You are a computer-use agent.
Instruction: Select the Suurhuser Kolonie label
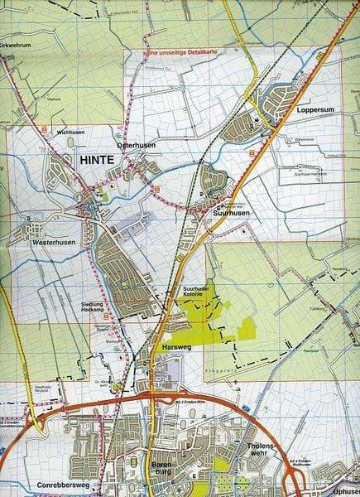[197, 291]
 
